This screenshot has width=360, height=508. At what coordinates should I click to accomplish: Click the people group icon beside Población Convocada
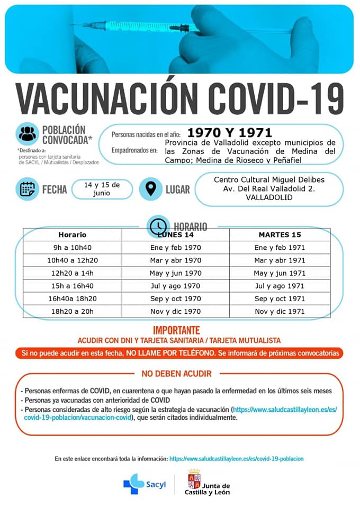click(x=28, y=134)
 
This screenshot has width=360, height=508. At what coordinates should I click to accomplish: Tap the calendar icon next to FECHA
click(x=27, y=189)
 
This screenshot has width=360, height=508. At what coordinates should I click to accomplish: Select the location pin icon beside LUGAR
click(x=151, y=189)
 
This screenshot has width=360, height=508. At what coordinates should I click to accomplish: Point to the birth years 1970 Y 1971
click(x=230, y=132)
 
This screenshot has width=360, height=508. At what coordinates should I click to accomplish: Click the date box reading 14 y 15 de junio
click(x=102, y=189)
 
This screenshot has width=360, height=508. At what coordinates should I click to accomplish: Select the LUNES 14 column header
click(x=176, y=234)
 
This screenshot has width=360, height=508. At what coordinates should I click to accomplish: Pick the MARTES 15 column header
click(x=280, y=234)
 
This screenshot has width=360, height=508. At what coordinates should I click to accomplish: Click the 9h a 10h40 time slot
click(x=72, y=248)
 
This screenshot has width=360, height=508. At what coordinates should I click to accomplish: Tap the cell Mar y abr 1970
click(x=176, y=260)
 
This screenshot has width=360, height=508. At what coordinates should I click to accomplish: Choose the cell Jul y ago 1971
click(x=280, y=286)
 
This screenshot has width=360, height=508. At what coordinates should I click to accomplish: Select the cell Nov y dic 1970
click(x=176, y=312)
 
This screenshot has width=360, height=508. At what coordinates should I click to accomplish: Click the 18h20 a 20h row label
click(x=72, y=312)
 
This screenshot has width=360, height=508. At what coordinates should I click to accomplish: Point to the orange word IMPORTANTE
click(x=176, y=329)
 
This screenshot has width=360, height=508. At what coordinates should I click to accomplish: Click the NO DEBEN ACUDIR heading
click(x=177, y=374)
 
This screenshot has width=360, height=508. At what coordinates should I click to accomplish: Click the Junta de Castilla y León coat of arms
click(x=194, y=479)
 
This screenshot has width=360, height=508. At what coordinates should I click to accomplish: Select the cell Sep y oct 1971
click(x=280, y=299)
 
